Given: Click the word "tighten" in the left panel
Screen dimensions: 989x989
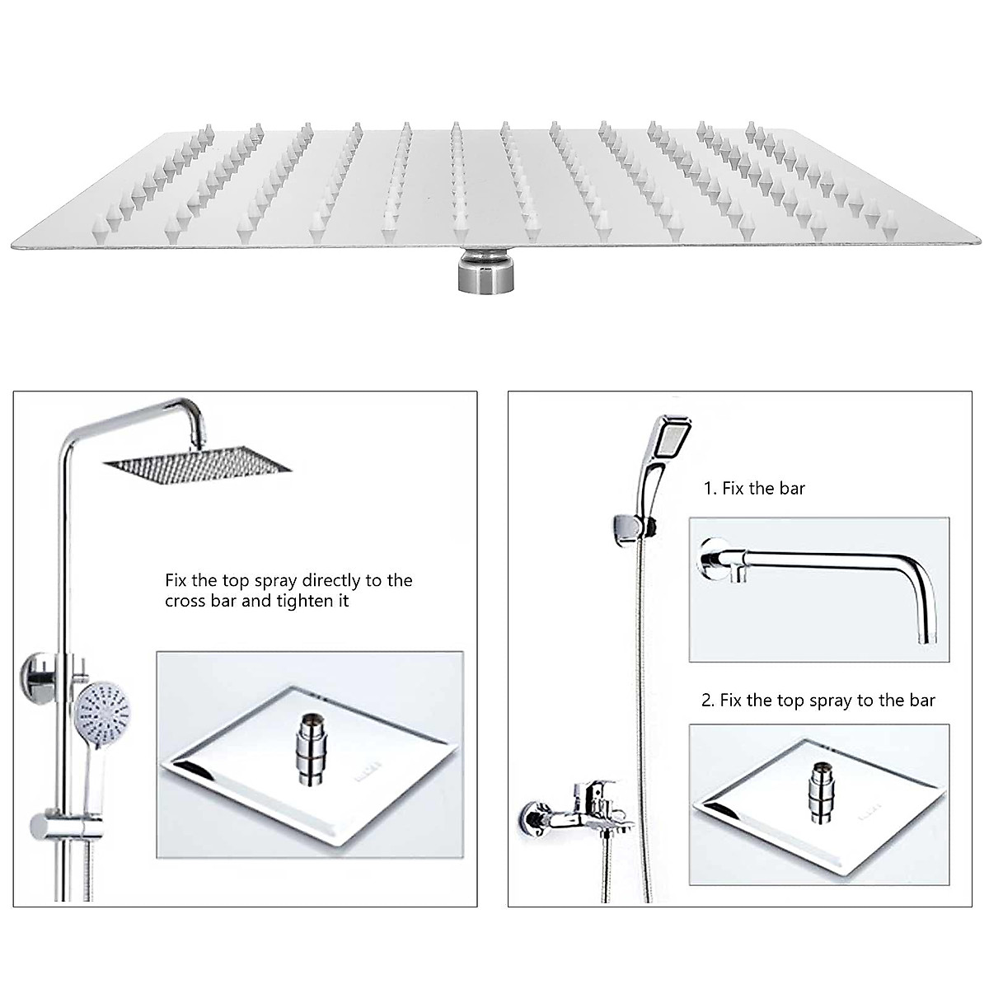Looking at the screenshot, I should click(302, 601).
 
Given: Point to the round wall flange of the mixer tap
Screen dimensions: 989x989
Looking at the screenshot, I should click(531, 818).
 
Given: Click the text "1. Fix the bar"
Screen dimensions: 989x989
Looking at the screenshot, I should click(753, 488).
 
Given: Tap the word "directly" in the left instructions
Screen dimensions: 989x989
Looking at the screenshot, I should click(331, 580).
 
